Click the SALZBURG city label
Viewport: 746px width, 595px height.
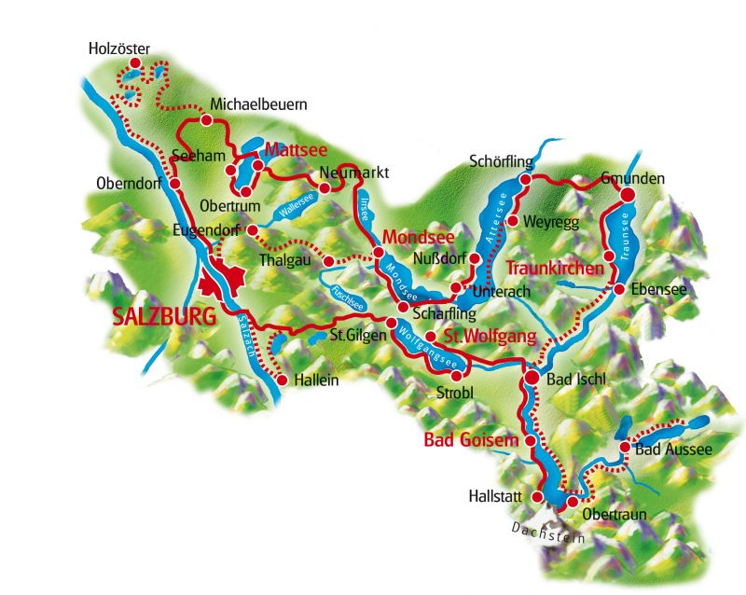coord(163,315)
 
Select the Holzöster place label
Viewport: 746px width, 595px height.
coord(118,48)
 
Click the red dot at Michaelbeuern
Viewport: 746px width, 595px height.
coord(204,120)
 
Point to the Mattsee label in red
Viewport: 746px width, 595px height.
coord(293,149)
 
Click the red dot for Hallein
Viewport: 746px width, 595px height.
coord(281,380)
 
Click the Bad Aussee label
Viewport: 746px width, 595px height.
coord(672,450)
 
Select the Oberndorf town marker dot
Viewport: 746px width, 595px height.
coord(174,183)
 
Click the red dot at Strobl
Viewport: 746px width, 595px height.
coord(456,375)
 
